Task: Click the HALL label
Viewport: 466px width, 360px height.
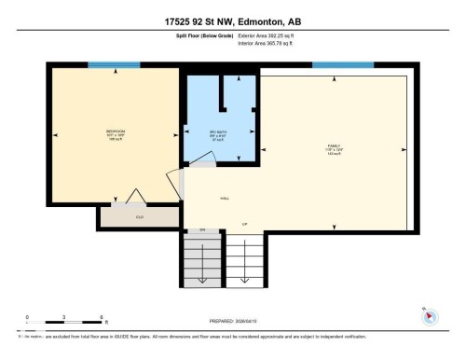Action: (x=225, y=198)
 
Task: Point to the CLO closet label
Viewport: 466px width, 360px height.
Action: (x=140, y=217)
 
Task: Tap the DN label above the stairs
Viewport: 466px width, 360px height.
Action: (x=202, y=229)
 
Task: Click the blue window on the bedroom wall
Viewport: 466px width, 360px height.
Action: (x=114, y=64)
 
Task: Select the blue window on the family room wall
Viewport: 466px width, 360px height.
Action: (x=336, y=64)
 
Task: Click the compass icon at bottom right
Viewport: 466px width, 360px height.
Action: (x=430, y=315)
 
